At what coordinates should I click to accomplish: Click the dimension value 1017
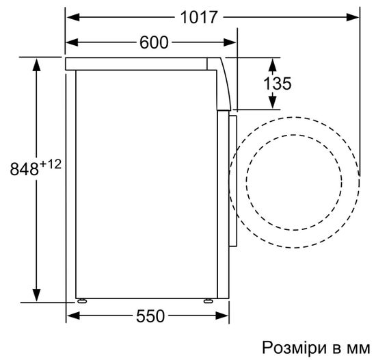click(x=200, y=16)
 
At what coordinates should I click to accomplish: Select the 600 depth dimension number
click(x=154, y=42)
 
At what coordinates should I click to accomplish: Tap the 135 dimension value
click(x=278, y=83)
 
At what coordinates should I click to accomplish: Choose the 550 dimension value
click(x=150, y=316)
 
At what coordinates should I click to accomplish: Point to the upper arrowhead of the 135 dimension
click(x=273, y=64)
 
